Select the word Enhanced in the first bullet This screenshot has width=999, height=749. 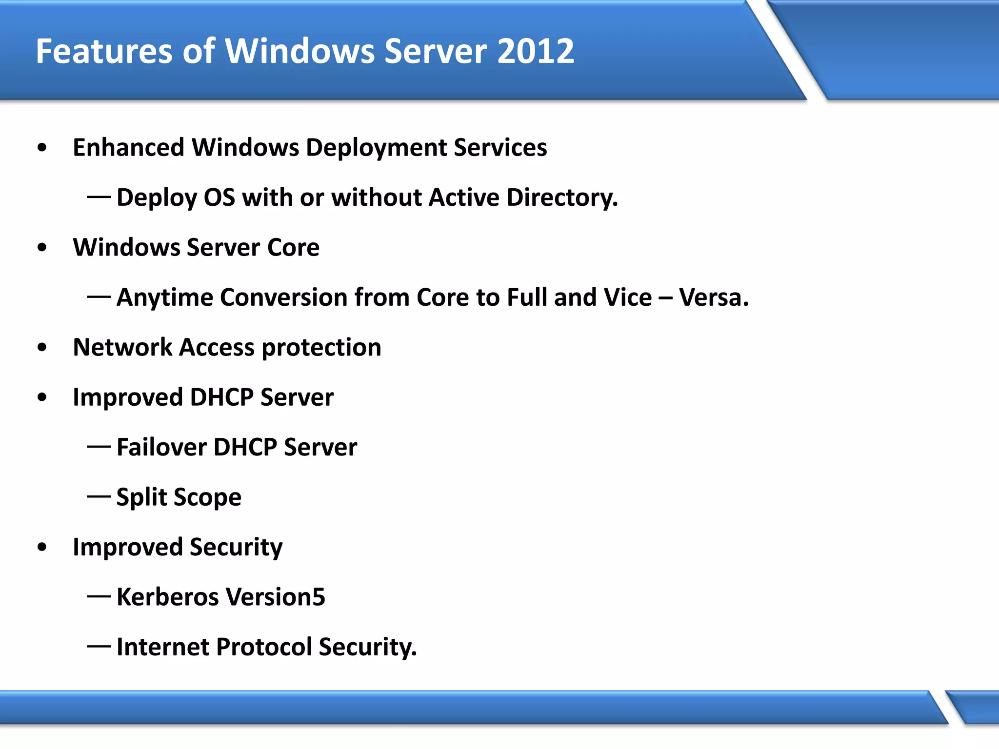pyautogui.click(x=128, y=147)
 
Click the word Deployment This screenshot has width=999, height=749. pyautogui.click(x=376, y=148)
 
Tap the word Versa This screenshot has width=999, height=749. pyautogui.click(x=714, y=297)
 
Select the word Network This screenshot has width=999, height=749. pyautogui.click(x=122, y=347)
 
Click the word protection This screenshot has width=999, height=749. pyautogui.click(x=321, y=348)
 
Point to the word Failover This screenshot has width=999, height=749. pyautogui.click(x=161, y=447)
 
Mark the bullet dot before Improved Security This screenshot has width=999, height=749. pyautogui.click(x=42, y=547)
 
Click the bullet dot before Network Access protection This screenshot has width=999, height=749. pyautogui.click(x=42, y=348)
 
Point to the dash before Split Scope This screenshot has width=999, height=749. pyautogui.click(x=99, y=497)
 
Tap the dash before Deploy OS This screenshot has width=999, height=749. pyautogui.click(x=99, y=197)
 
